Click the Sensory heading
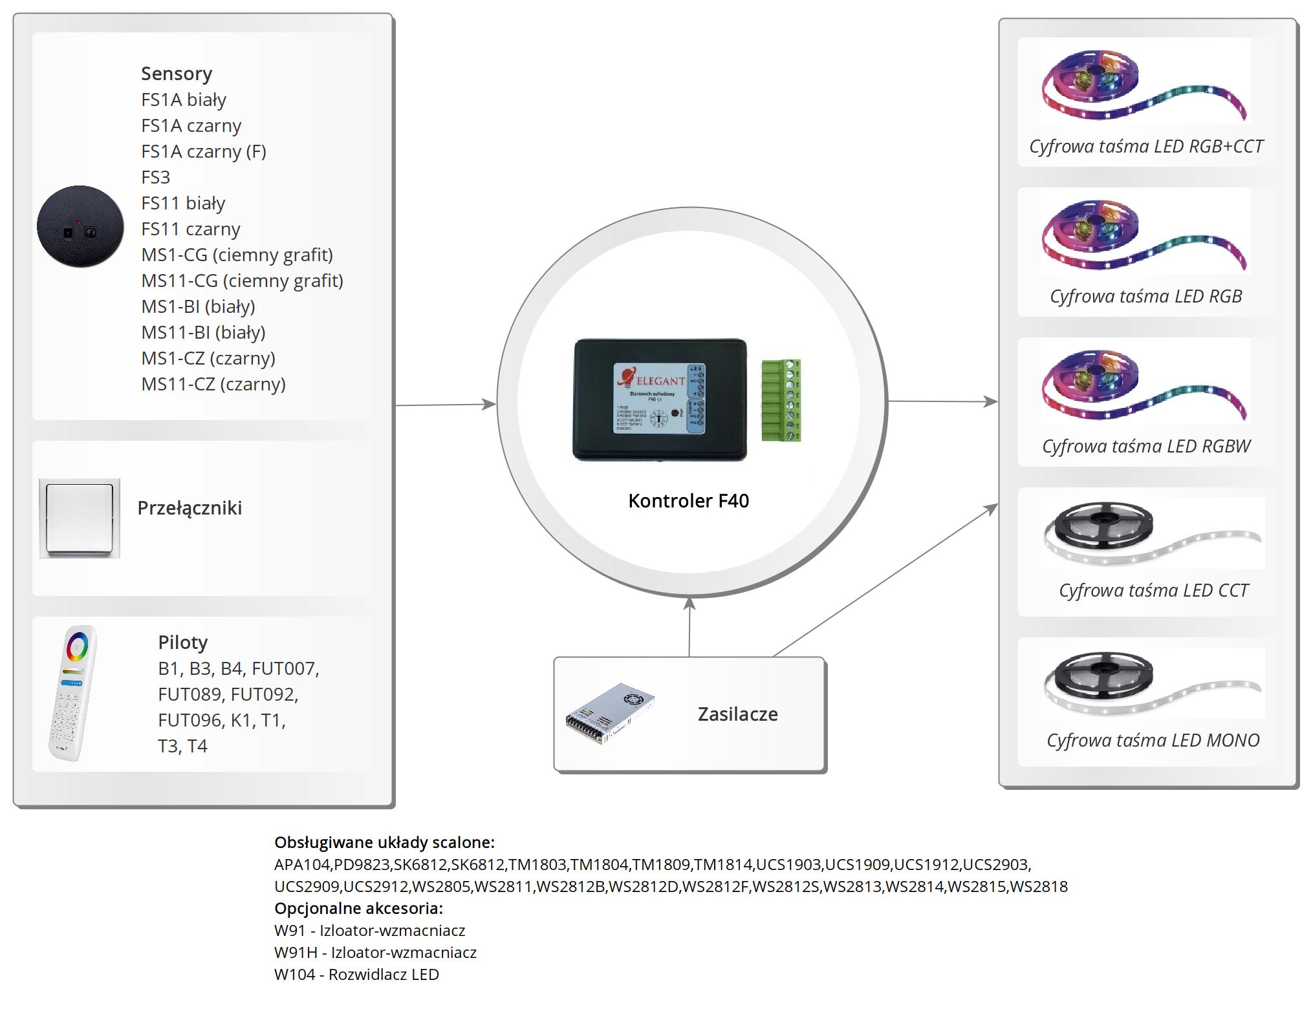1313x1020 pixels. [x=176, y=74]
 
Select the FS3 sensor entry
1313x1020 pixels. [x=156, y=177]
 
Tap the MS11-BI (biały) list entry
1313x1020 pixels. [x=203, y=332]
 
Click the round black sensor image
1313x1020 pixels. [x=80, y=226]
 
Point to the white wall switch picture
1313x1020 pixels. [x=80, y=518]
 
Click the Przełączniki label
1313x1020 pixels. [x=190, y=508]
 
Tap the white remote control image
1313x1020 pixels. [x=73, y=693]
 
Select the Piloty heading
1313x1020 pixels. [x=183, y=643]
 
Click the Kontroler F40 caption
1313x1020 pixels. [x=688, y=501]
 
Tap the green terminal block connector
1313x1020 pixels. [x=781, y=401]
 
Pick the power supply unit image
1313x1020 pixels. [x=609, y=714]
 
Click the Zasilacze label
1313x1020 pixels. [x=737, y=714]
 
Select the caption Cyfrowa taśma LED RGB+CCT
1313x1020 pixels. [x=1146, y=147]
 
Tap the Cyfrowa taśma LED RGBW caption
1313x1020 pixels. [x=1146, y=447]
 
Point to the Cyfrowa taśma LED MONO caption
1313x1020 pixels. [x=1153, y=741]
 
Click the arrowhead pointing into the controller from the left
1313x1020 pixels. [x=489, y=405]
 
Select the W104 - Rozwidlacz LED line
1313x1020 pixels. [x=356, y=975]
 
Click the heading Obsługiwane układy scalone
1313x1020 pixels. [x=384, y=843]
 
